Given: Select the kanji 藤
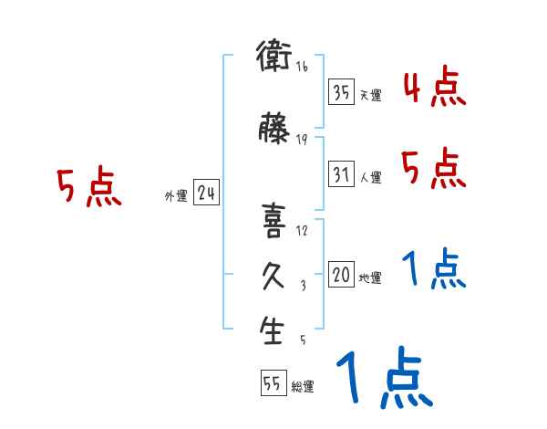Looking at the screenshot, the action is (x=273, y=131).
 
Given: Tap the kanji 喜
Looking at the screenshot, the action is (x=273, y=220).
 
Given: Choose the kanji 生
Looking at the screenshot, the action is (x=273, y=330).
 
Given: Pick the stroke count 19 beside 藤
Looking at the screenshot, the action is (x=302, y=140).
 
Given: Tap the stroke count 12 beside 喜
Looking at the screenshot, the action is (x=302, y=230).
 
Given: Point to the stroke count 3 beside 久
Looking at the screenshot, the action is (x=302, y=285).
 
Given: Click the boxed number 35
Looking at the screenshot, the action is (x=342, y=92).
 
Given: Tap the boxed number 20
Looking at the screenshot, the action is (x=342, y=274).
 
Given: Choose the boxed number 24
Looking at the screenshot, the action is (x=206, y=193).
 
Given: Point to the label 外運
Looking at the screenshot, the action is (x=175, y=195).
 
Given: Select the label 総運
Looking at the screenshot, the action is (x=303, y=387).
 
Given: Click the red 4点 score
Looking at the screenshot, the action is (x=434, y=89).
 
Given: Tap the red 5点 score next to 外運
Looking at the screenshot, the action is (x=88, y=188).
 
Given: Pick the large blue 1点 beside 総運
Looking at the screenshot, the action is (x=383, y=378).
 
